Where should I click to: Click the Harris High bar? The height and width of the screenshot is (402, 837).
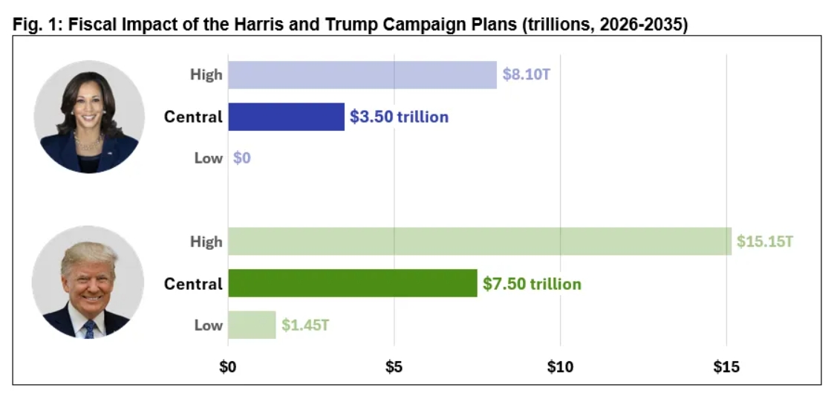pyautogui.click(x=362, y=75)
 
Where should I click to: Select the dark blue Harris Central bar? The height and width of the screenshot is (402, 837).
pyautogui.click(x=286, y=117)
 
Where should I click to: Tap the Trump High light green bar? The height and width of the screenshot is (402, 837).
pyautogui.click(x=479, y=241)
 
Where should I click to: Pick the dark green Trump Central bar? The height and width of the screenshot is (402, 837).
pyautogui.click(x=352, y=283)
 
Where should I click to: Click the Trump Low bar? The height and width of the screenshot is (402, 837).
pyautogui.click(x=252, y=325)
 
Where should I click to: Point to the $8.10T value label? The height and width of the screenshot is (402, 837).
pyautogui.click(x=527, y=75)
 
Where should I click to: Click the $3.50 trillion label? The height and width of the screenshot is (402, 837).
pyautogui.click(x=399, y=117)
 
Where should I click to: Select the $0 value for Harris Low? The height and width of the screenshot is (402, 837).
pyautogui.click(x=242, y=158)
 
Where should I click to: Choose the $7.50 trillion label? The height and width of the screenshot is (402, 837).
pyautogui.click(x=532, y=284)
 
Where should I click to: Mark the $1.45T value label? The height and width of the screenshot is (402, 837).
pyautogui.click(x=305, y=325)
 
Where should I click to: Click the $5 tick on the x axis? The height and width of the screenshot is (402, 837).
pyautogui.click(x=394, y=366)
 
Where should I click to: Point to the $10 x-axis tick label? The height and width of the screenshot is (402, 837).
pyautogui.click(x=560, y=366)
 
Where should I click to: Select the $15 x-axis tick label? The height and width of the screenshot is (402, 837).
pyautogui.click(x=726, y=366)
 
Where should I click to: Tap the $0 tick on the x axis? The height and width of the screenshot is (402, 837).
pyautogui.click(x=228, y=366)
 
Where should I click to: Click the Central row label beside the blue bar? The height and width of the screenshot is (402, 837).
pyautogui.click(x=193, y=117)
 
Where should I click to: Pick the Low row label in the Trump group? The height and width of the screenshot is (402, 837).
pyautogui.click(x=208, y=325)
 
